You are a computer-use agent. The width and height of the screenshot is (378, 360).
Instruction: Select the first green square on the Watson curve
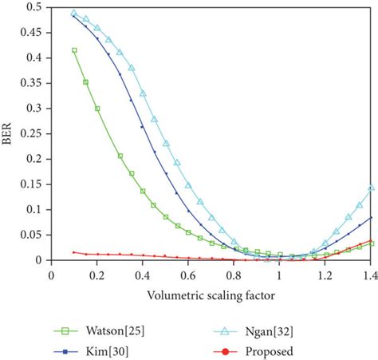pyautogui.click(x=74, y=50)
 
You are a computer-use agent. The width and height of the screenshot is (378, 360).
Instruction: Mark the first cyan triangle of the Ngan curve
pyautogui.click(x=74, y=14)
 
